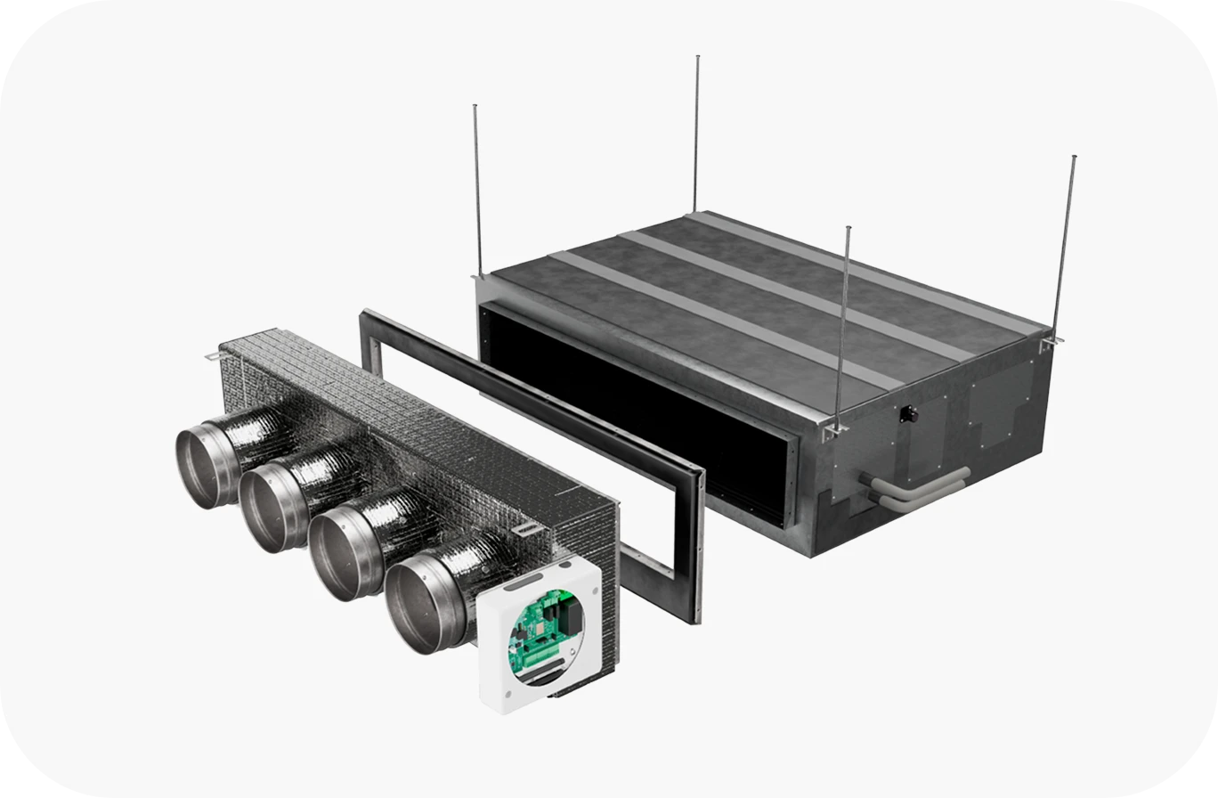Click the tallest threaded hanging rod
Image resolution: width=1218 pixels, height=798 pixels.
[x=696, y=134]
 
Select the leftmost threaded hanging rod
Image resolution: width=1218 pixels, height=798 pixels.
[x=477, y=187]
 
